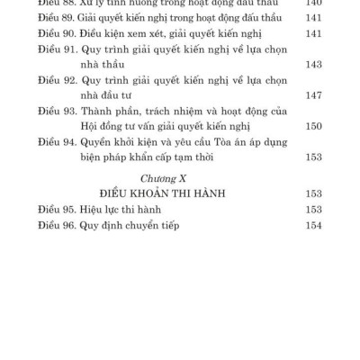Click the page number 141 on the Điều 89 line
pyautogui.click(x=312, y=19)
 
